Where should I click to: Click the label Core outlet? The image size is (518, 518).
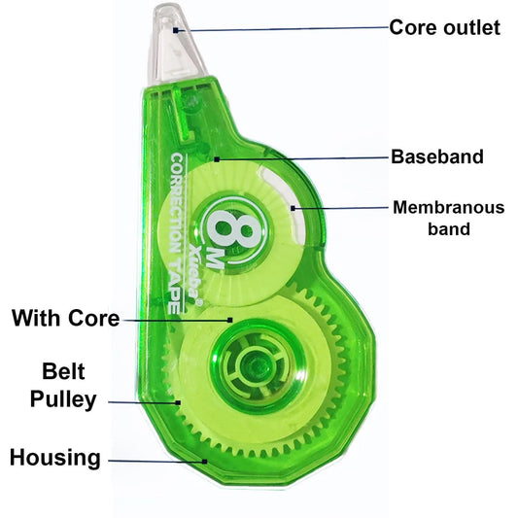tap(445, 26)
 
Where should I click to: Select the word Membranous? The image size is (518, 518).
tap(448, 207)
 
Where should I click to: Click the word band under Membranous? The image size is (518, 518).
tap(448, 230)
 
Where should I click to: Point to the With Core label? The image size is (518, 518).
tap(65, 318)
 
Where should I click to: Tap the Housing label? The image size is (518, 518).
tap(55, 458)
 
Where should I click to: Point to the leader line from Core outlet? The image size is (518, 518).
tap(282, 31)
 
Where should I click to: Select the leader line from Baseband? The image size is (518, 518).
tap(301, 156)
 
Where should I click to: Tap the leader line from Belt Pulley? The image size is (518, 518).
tap(141, 400)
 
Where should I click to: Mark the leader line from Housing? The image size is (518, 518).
tap(155, 461)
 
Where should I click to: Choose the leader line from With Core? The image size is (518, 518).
tap(175, 319)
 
